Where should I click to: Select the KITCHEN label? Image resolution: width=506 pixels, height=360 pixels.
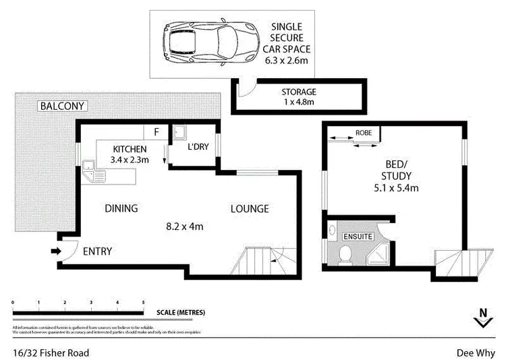pos(130,148)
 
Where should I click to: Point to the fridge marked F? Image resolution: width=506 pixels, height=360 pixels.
pos(157,131)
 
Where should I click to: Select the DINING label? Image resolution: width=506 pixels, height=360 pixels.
pos(121,208)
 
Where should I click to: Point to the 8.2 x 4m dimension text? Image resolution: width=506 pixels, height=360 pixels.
pos(184,227)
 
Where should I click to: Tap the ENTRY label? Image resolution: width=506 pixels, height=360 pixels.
pos(97,252)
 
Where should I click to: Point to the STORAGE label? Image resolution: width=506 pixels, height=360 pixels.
pos(298,92)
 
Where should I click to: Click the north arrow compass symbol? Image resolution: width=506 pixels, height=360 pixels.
pos(482,318)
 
